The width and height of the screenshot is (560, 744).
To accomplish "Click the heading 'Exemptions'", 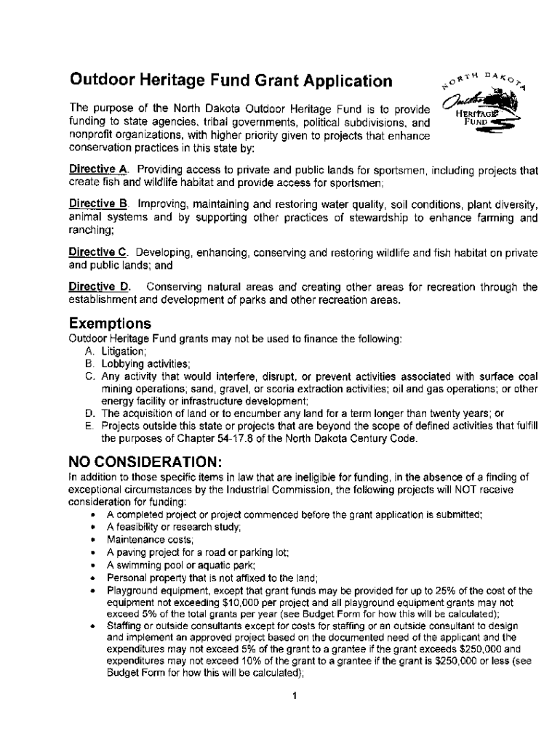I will pos(110,323).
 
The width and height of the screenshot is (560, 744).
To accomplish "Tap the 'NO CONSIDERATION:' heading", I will pos(145,463).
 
